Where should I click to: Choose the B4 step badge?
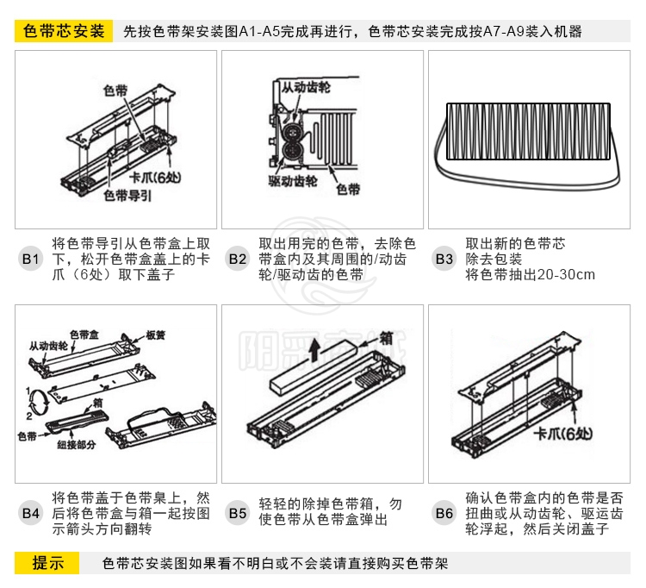(31, 513)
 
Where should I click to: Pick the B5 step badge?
(238, 513)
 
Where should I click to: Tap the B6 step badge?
(444, 513)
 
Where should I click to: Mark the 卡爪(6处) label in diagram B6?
(565, 434)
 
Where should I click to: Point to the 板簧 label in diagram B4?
(156, 335)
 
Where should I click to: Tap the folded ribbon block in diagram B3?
(527, 131)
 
